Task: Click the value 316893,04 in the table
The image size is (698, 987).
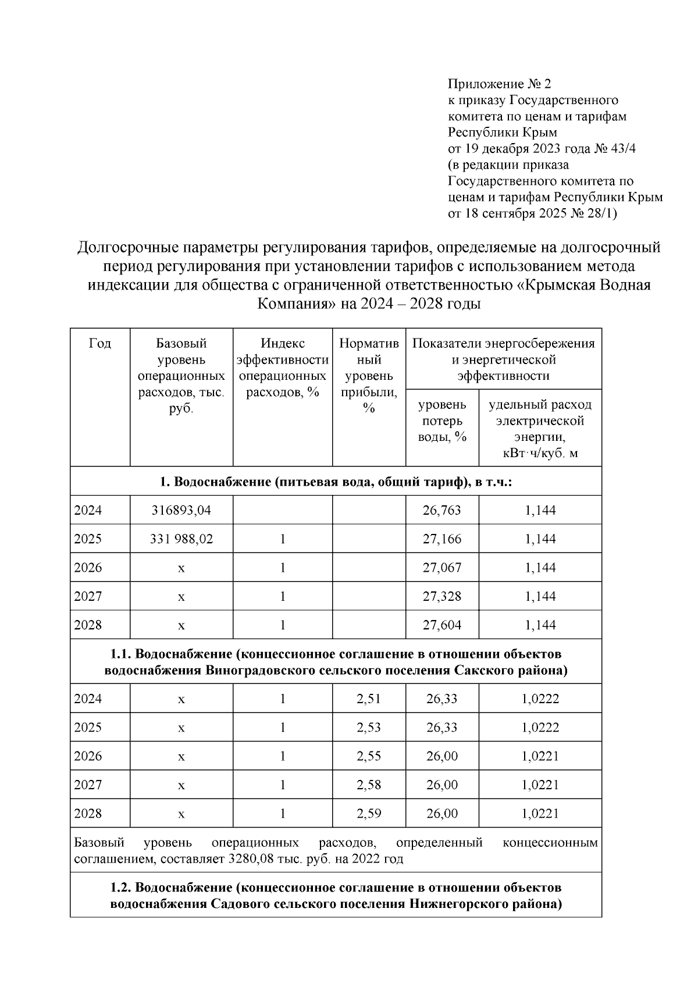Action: [181, 510]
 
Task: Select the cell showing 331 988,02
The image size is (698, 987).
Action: [181, 539]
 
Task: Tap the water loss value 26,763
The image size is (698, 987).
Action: [441, 510]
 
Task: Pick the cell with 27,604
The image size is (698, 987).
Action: [441, 625]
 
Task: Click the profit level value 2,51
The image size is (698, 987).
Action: [368, 699]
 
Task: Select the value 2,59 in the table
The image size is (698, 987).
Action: [368, 813]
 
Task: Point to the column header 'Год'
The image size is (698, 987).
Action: [100, 344]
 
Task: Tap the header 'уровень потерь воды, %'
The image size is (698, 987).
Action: [442, 420]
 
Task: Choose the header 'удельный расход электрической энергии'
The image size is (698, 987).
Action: [540, 428]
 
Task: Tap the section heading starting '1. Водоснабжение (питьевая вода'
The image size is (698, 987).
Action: [336, 482]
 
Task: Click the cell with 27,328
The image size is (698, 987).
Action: [441, 596]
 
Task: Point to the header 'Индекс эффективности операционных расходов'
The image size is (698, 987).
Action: [282, 368]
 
